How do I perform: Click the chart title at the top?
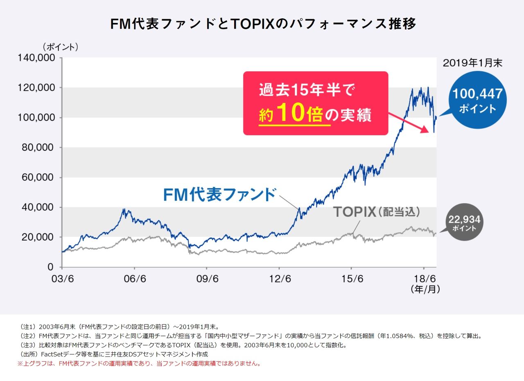[x=263, y=24]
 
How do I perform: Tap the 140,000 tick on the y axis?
[x=36, y=58]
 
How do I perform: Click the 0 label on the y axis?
[x=50, y=267]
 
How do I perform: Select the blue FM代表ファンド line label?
[x=219, y=195]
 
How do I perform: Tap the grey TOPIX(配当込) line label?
[x=377, y=212]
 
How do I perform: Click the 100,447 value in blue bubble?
[x=477, y=94]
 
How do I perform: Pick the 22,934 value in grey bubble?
[x=464, y=220]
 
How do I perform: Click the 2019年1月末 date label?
[x=472, y=63]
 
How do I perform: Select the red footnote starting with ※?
[x=139, y=363]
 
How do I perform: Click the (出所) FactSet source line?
[x=114, y=354]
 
